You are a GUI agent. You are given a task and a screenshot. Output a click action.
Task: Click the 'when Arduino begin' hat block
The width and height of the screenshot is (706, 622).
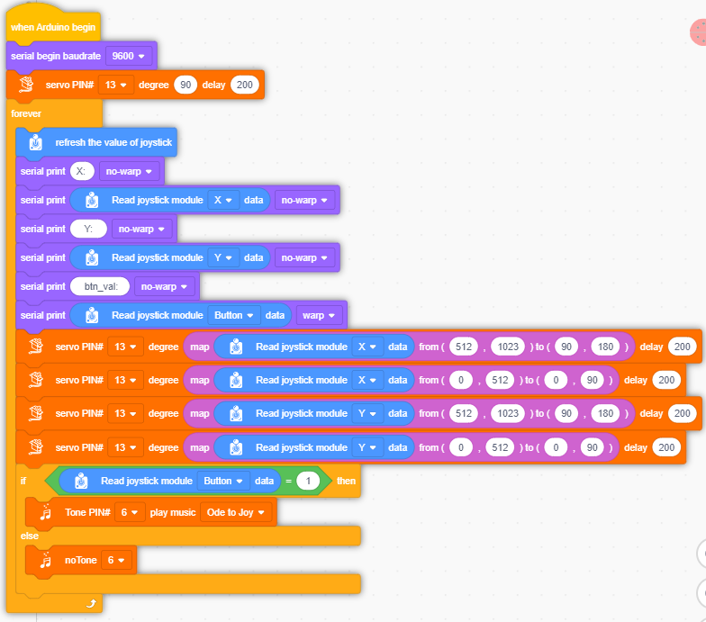coord(53,27)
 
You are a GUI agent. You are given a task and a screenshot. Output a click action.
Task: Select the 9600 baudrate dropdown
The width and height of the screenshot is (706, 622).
coord(128,56)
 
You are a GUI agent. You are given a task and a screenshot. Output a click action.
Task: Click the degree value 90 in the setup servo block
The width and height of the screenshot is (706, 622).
coord(186,85)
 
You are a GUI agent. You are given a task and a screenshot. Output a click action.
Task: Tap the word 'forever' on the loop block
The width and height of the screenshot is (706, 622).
coord(26,113)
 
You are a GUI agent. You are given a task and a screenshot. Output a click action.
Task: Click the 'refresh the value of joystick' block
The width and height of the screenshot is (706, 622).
coord(96,142)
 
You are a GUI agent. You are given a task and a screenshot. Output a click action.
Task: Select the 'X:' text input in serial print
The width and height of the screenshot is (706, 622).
coord(82,171)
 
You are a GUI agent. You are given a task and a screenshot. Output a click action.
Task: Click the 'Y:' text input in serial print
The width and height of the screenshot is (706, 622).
coord(88,229)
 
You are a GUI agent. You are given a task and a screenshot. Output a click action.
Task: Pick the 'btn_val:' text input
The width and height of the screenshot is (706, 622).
coord(100,286)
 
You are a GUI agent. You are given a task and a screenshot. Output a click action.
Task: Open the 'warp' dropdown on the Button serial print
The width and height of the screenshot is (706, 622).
coord(319,315)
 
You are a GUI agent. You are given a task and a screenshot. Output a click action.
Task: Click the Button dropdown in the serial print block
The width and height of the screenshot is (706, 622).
coord(233,315)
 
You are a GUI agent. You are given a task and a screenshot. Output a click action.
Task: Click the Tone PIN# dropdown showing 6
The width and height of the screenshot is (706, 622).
coord(130,513)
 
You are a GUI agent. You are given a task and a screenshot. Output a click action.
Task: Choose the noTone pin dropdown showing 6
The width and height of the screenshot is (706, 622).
coord(116,560)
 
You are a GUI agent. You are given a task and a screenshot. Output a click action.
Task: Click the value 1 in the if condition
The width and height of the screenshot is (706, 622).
coord(308,481)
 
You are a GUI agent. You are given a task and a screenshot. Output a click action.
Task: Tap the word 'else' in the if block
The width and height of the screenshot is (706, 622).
coord(29,536)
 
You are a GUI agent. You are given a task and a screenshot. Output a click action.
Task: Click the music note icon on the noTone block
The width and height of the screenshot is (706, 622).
coord(45,560)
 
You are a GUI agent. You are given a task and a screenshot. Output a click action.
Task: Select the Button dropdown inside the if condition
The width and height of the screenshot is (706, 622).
coord(223,481)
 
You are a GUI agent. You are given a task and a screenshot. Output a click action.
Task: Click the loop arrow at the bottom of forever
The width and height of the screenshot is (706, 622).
coord(91,603)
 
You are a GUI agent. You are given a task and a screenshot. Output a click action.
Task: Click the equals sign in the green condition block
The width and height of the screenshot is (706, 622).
coord(288,481)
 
